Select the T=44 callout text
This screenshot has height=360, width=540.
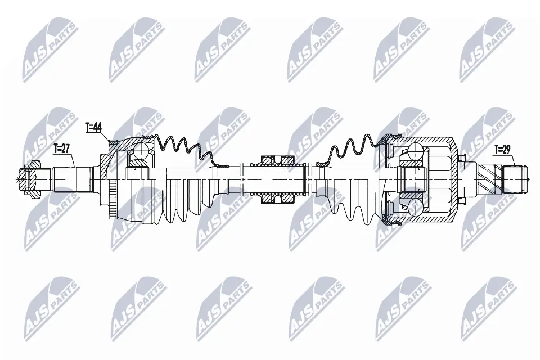94,127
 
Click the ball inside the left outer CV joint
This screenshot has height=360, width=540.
138,150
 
